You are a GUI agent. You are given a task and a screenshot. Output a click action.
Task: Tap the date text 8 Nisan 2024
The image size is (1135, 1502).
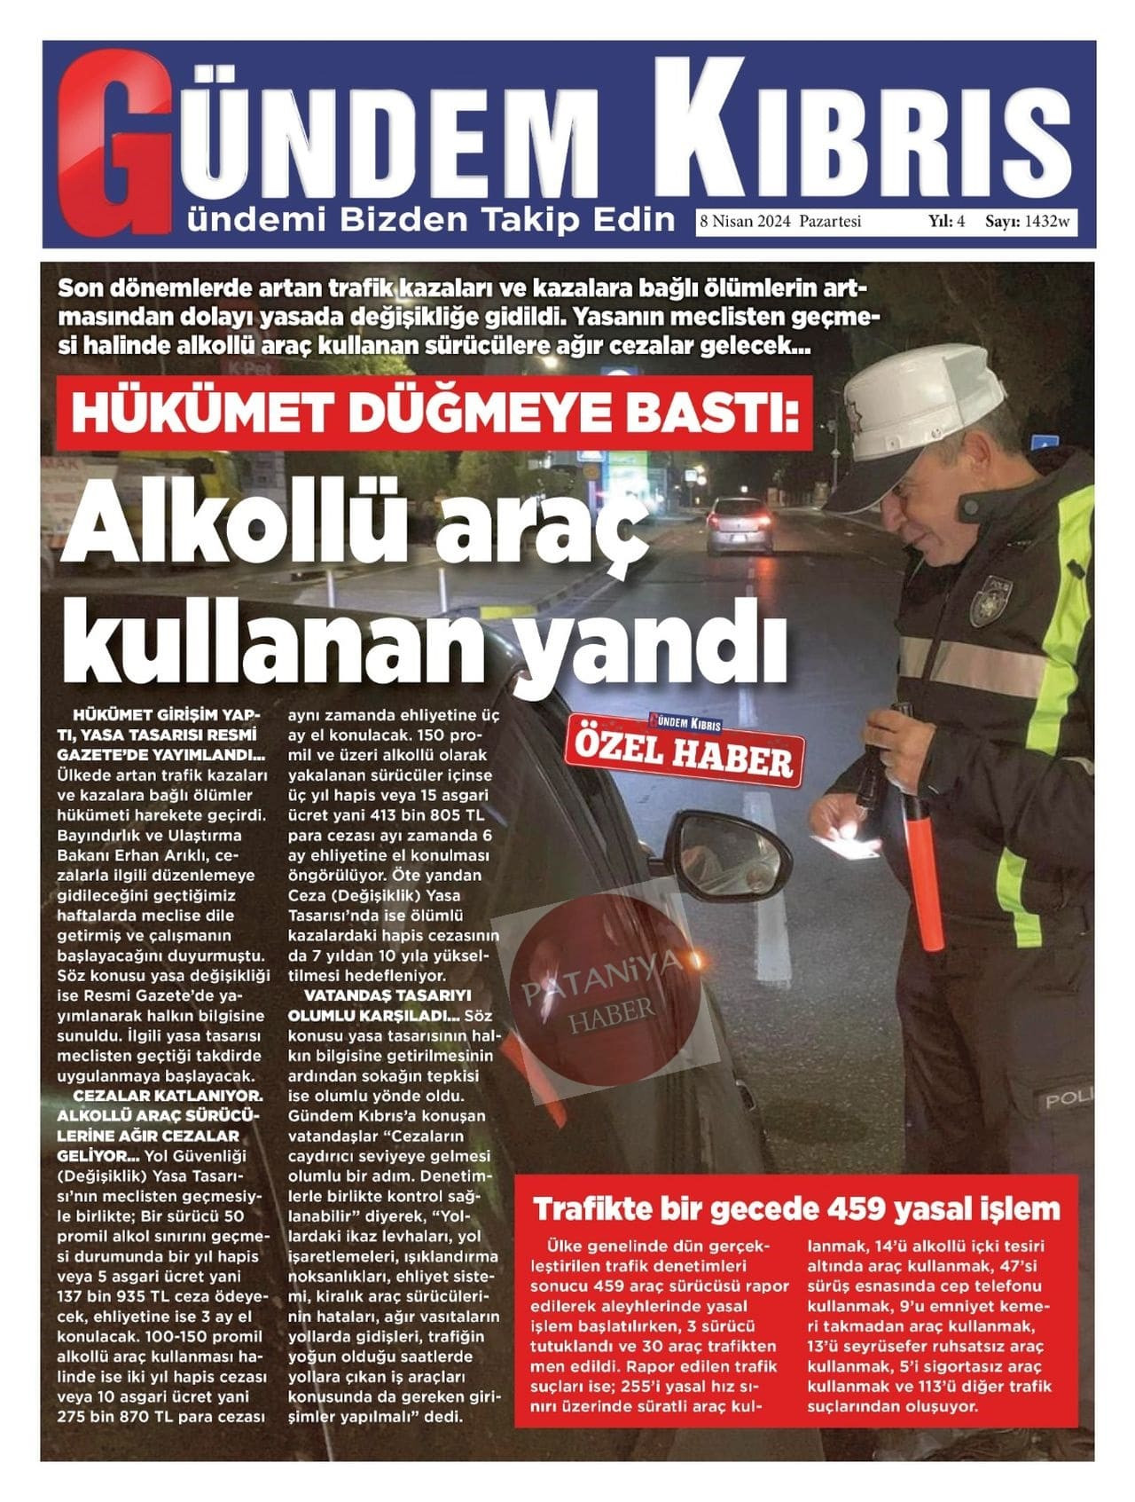point(747,222)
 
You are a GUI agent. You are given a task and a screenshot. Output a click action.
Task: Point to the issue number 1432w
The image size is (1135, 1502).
point(1047,222)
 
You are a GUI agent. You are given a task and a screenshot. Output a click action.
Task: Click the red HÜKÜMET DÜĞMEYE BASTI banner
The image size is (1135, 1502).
point(434,413)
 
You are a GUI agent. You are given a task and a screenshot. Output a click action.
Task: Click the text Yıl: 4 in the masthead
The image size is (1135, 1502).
point(946,222)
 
